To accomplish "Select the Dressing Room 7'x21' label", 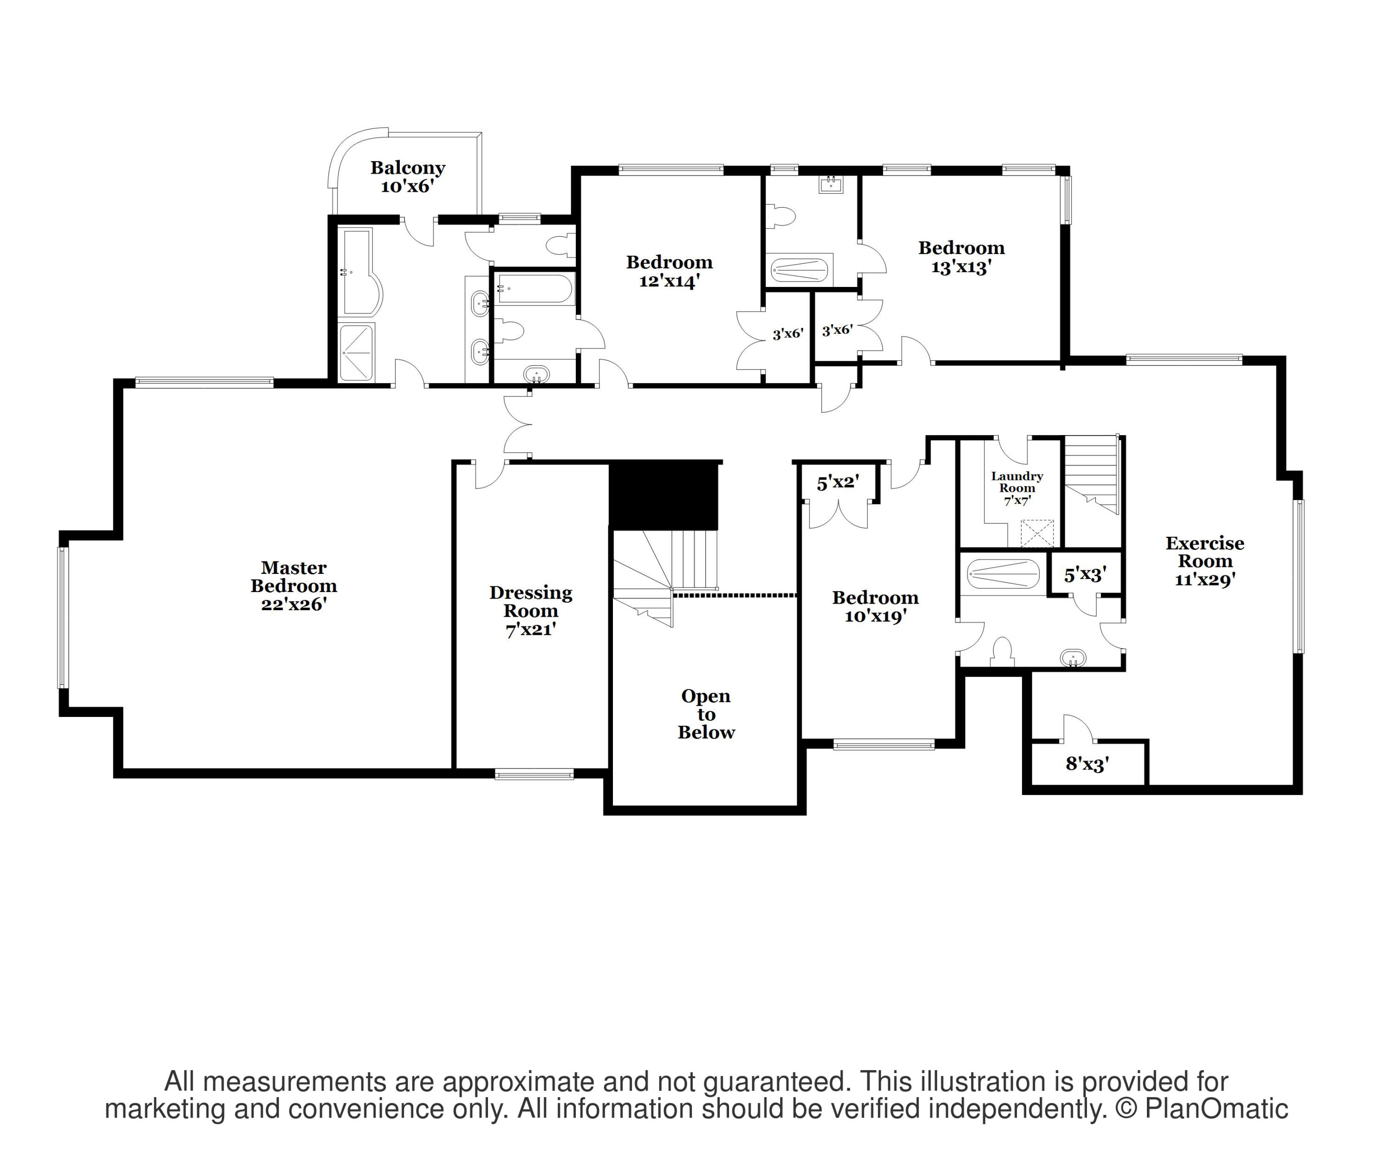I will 531,611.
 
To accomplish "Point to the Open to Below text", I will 706,714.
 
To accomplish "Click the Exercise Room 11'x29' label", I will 1204,561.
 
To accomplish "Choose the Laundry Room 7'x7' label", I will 1016,488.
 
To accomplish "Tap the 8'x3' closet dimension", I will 1087,764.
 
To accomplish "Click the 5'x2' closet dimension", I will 838,483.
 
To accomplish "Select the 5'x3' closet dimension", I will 1085,574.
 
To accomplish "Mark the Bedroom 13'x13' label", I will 961,257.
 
